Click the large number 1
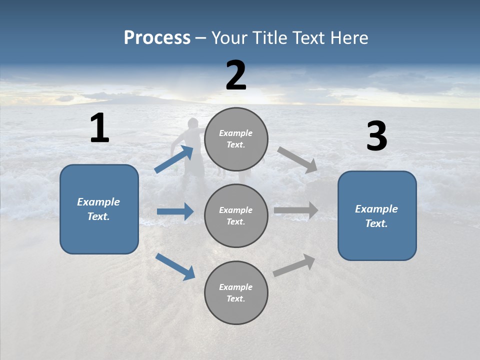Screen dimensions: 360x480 (x=99, y=128)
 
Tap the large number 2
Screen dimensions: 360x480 (x=236, y=75)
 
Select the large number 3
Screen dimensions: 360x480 (x=376, y=136)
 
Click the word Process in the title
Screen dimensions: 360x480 (x=157, y=37)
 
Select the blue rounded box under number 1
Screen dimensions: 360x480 (x=99, y=209)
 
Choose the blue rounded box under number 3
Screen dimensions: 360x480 (x=377, y=215)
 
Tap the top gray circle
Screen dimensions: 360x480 (x=236, y=139)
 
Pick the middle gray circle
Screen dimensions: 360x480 (x=236, y=215)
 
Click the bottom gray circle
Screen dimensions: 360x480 (x=236, y=292)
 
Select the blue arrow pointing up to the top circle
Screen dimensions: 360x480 (x=174, y=159)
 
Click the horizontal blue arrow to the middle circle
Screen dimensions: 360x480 (x=175, y=211)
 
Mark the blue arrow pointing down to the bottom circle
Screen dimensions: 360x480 (x=175, y=266)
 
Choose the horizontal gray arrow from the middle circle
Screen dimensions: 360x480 (x=296, y=210)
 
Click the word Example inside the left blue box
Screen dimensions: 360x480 (x=98, y=202)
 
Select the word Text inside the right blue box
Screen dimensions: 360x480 (x=376, y=223)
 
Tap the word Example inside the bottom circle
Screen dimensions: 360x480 (x=235, y=287)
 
